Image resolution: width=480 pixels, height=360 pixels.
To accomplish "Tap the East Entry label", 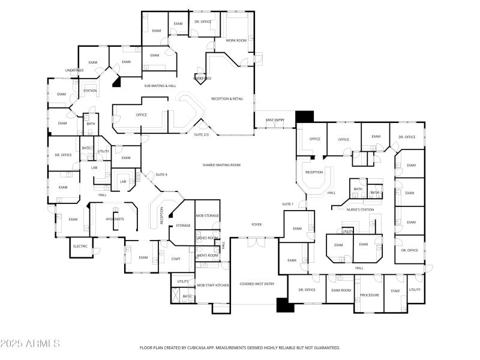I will pos(275,120).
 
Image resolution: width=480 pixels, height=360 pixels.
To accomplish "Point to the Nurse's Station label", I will pos(361,209).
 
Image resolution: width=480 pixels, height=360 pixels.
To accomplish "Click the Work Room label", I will pos(236,40).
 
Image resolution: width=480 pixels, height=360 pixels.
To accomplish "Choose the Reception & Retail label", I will pos(227,98).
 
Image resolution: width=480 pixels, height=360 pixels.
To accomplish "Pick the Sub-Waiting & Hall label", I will pos(160,86).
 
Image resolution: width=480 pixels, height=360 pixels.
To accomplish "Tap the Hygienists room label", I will pos(115,219).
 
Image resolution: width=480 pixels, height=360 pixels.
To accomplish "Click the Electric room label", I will pos(80,247).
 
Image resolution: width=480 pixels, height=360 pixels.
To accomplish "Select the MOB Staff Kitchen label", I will pos(213,285).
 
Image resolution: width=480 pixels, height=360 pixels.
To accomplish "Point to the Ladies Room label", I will pos(208,238).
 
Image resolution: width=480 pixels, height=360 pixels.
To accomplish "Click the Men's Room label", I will pos(208,256).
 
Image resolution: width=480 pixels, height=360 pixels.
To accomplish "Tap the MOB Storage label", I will pos(208,215).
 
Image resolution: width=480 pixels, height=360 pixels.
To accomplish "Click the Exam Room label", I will pos(341,290).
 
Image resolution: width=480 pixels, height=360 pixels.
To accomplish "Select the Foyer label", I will pos(256,224).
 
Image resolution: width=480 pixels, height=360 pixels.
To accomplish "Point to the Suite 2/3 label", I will pos(201,134).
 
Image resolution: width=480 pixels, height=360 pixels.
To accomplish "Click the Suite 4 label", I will pos(161,175).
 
